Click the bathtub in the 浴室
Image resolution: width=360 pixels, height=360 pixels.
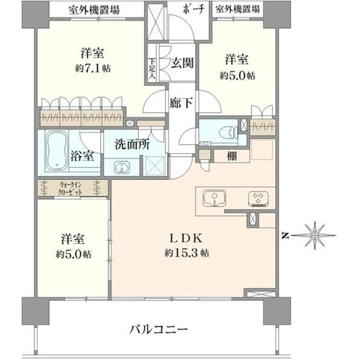click(57, 151)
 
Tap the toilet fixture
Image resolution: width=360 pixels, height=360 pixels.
click(228, 132)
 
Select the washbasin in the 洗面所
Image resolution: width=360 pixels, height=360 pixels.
click(122, 167)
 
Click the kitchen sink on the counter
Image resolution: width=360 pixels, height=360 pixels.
click(215, 198)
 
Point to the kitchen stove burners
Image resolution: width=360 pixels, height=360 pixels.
click(258, 199)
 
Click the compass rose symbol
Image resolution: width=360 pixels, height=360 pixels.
click(315, 235)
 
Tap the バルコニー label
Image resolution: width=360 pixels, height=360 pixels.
click(158, 330)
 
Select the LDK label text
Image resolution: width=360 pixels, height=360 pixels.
click(186, 238)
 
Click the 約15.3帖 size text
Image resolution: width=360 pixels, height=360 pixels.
click(186, 253)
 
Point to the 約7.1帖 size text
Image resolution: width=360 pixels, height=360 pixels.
click(93, 68)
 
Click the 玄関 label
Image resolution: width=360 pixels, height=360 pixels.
click(182, 63)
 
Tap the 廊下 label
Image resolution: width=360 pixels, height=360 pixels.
click(181, 103)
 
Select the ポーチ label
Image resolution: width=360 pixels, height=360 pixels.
click(193, 9)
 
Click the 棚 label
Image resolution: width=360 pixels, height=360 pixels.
click(232, 156)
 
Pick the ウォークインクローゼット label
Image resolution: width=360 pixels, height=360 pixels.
click(71, 189)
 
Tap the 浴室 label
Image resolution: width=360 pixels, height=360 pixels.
click(82, 156)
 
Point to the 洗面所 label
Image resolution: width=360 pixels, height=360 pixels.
click(132, 145)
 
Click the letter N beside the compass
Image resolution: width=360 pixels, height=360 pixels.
click(285, 236)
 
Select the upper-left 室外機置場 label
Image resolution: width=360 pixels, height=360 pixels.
click(94, 11)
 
